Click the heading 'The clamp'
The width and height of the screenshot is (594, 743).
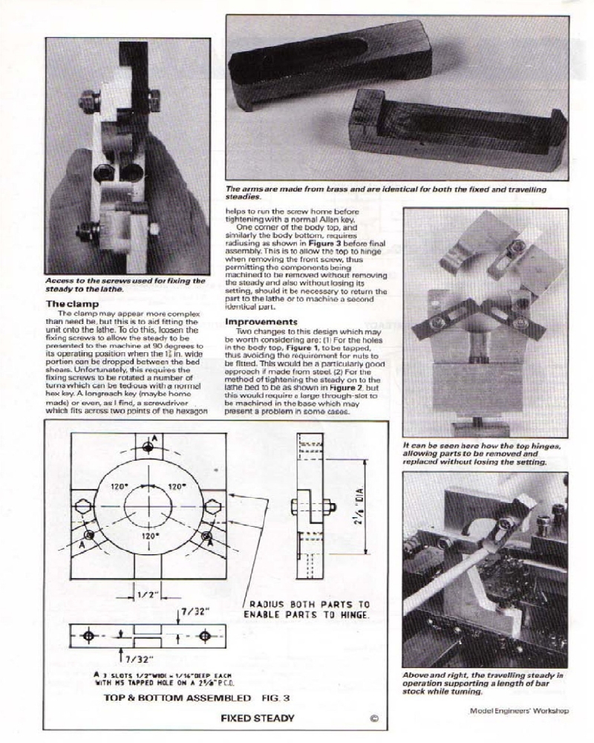coord(71,304)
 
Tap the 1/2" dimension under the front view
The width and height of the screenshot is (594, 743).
coord(146,594)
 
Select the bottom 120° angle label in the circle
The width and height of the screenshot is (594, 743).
coord(151,534)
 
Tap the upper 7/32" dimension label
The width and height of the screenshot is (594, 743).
coord(196,611)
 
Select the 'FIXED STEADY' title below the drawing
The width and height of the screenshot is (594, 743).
coord(257,718)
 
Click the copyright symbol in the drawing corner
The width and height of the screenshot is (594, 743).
coord(373,718)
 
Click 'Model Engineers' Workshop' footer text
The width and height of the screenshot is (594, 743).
coord(519,710)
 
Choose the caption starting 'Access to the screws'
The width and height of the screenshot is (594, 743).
coord(124,285)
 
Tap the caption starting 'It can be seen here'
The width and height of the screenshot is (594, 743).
coord(483,453)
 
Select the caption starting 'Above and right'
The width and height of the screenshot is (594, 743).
coord(483,683)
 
